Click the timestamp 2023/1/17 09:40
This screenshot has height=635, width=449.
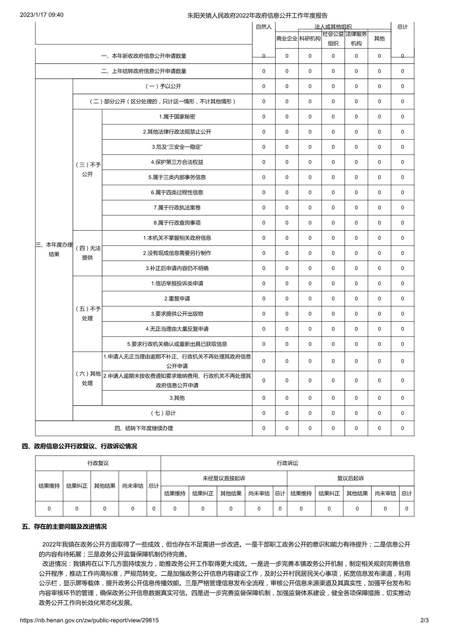42,15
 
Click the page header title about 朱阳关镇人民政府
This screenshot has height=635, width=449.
257,15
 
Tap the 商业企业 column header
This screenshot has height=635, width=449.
287,39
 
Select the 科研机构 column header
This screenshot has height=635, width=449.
310,39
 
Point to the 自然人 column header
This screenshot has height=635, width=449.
264,27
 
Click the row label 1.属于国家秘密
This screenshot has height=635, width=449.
177,117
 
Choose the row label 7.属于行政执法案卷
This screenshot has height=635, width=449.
177,208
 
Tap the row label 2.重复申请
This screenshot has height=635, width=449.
177,299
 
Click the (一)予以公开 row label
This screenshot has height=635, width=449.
163,86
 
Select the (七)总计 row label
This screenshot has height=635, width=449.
163,413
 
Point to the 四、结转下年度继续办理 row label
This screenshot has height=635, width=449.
144,428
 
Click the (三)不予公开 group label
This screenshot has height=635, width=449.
88,170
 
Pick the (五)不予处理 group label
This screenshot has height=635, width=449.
88,314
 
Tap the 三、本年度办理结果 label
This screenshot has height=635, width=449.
54,250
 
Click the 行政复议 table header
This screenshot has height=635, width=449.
98,463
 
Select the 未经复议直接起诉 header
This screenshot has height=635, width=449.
224,478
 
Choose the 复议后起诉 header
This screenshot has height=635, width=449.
351,478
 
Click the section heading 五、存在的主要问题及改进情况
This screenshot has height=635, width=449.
64,527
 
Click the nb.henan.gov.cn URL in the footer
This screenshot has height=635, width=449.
90,620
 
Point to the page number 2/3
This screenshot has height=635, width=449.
424,620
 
